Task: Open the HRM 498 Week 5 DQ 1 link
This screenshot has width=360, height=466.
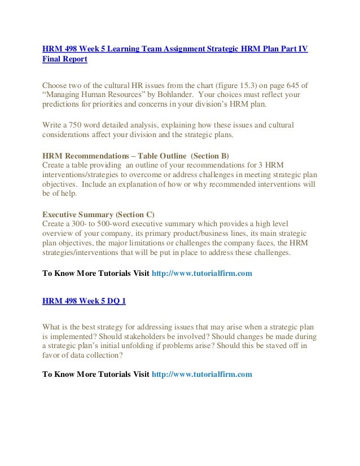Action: [x=84, y=301]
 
